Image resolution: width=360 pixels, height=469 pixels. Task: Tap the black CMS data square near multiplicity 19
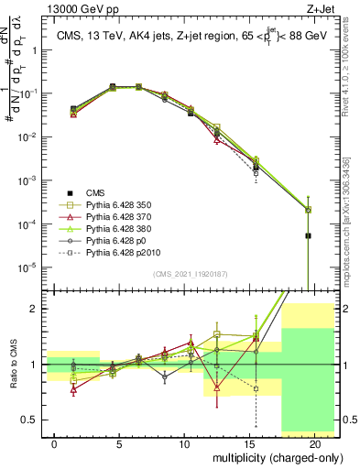pos(308,235)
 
